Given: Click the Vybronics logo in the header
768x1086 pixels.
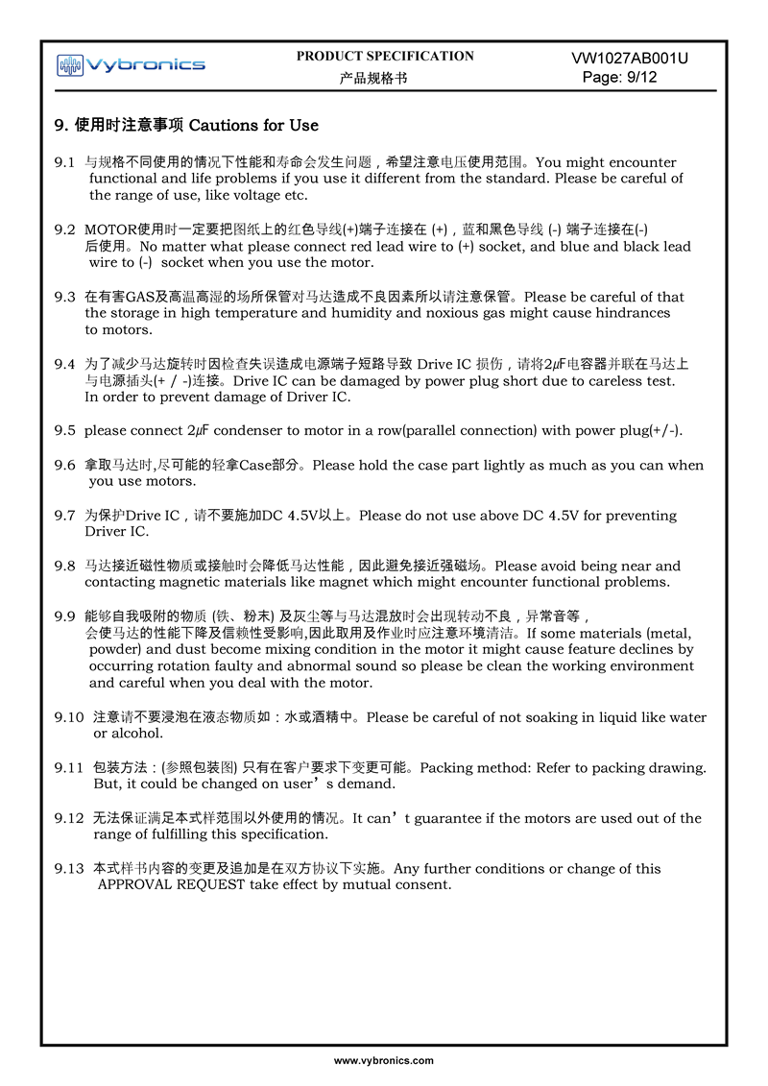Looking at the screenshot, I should click(131, 65).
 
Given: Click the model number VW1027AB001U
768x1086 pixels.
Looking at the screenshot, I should click(630, 59).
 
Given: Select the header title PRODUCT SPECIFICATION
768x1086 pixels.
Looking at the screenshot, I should click(385, 57).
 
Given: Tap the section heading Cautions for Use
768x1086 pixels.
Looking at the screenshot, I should click(253, 126).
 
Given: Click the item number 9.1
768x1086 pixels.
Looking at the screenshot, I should click(64, 162).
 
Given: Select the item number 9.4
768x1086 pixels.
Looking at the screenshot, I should click(64, 364).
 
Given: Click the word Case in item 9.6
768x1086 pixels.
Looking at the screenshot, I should click(255, 465).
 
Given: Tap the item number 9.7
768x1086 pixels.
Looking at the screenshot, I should click(64, 516).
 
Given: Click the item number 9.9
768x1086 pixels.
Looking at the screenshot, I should click(64, 615).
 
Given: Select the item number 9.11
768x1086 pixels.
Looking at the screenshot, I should click(69, 767).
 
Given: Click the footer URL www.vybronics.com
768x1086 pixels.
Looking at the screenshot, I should click(384, 1061).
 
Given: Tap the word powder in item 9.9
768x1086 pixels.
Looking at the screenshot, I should click(114, 649).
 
